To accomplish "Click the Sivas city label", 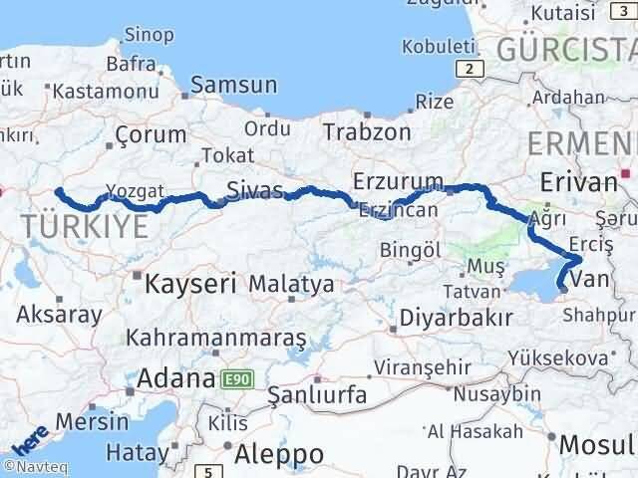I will click(254, 188).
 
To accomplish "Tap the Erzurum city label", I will click(397, 180).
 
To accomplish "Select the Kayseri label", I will click(190, 284).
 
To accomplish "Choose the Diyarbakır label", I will click(456, 318).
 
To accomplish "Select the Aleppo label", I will click(279, 453).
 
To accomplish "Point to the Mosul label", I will click(596, 443).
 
